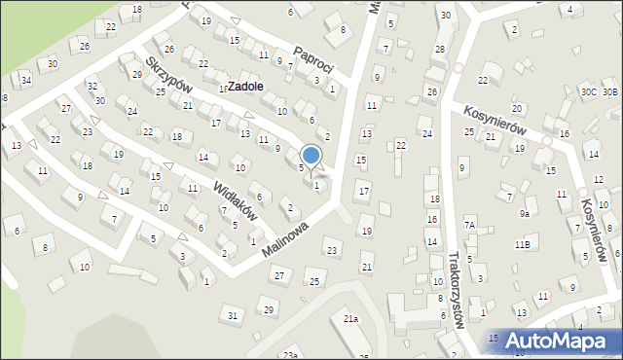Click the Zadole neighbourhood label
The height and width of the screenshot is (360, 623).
point(241,86)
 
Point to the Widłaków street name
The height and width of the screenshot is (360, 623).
point(235,199)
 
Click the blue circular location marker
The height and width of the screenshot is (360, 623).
point(311,154)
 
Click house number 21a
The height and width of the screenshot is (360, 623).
point(350,318)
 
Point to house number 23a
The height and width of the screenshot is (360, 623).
point(290,355)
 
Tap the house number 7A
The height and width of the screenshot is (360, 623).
point(468,226)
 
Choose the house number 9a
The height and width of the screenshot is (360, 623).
point(524,213)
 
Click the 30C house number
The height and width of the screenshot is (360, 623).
point(588,91)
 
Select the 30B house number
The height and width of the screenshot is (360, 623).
point(609,91)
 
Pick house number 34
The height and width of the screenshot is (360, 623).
point(26,79)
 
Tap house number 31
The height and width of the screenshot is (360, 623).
point(232,315)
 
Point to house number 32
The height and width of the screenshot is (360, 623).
point(92,87)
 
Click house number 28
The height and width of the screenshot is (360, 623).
point(439,49)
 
